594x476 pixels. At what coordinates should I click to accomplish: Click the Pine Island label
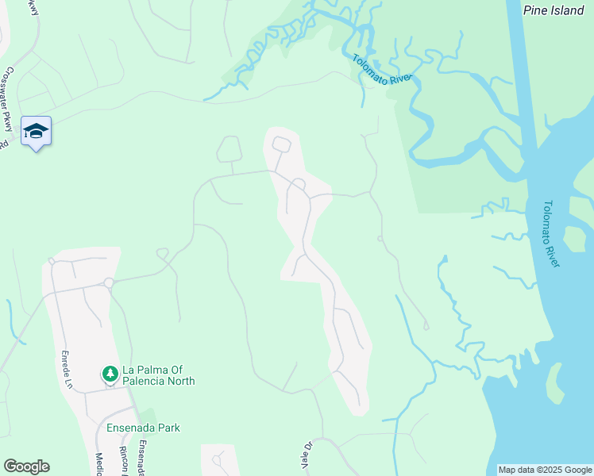coord(553,10)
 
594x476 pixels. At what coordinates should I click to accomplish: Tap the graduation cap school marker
coord(36,131)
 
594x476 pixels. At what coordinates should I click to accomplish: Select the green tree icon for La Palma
coord(110,373)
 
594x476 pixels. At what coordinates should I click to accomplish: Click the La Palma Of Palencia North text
coord(158,375)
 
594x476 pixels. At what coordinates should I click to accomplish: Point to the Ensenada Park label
coord(144,428)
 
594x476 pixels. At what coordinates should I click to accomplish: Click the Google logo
coord(26,466)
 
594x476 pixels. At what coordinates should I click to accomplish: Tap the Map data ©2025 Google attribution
coord(544,470)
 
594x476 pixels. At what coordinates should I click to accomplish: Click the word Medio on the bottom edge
coord(99,463)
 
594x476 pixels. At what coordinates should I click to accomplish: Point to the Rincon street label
coord(123,460)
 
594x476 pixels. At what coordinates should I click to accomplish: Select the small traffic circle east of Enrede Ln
coord(109,282)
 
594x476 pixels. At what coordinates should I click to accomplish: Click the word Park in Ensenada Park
coord(167,428)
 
